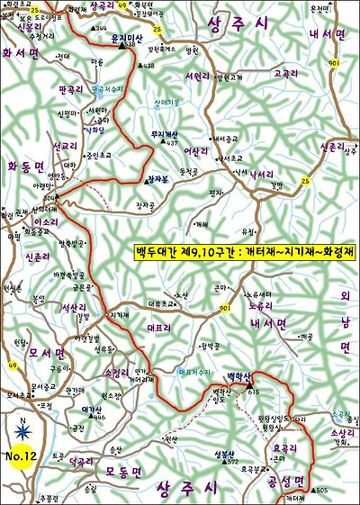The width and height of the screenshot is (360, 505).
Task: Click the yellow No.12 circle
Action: [x=21, y=456]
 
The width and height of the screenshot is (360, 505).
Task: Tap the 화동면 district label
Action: [x=24, y=167]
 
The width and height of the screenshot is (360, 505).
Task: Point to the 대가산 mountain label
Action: [x=93, y=410]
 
